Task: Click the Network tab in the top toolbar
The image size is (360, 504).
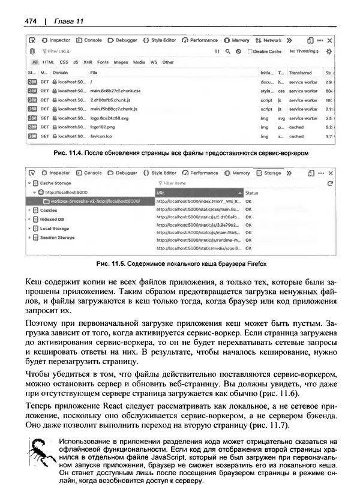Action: click(x=272, y=41)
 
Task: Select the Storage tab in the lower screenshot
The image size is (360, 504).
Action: click(x=272, y=173)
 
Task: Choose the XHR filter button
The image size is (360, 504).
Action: click(x=88, y=62)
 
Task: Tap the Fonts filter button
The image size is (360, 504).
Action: click(x=103, y=62)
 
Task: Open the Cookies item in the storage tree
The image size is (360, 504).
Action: click(x=49, y=211)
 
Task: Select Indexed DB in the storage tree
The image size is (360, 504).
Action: click(x=52, y=220)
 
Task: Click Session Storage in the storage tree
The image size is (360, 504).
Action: click(x=57, y=238)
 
